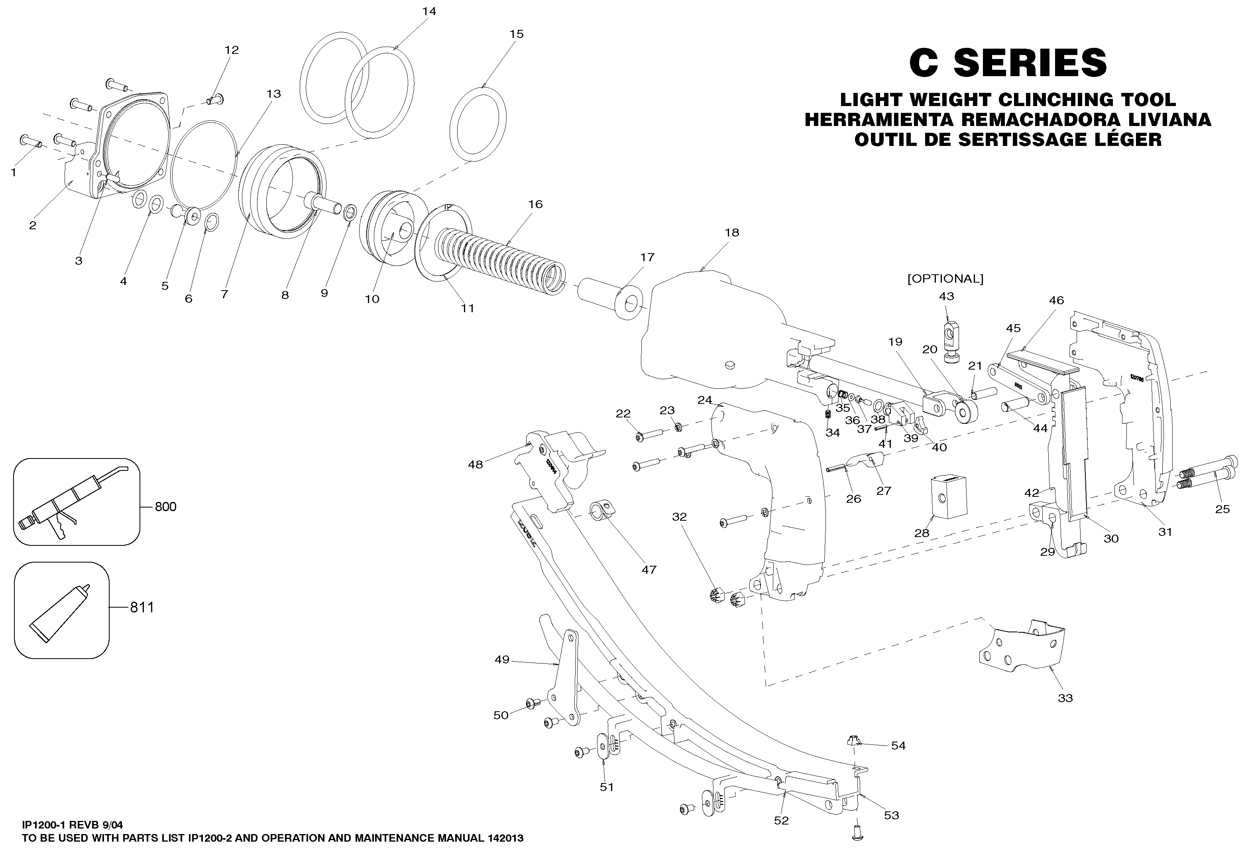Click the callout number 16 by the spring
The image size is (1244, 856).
pyautogui.click(x=535, y=205)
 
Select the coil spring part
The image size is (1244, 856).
pyautogui.click(x=499, y=252)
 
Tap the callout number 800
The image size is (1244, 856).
pyautogui.click(x=166, y=507)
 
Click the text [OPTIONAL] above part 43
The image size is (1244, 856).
pyautogui.click(x=945, y=279)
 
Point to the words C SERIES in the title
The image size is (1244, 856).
pyautogui.click(x=1008, y=63)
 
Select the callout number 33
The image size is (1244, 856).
pyautogui.click(x=1065, y=699)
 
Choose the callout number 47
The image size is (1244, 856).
pyautogui.click(x=649, y=570)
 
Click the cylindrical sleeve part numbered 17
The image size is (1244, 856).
pyautogui.click(x=611, y=298)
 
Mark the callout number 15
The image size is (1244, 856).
pyautogui.click(x=516, y=34)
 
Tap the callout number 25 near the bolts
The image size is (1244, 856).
pyautogui.click(x=1222, y=510)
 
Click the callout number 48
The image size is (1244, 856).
pyautogui.click(x=476, y=464)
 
